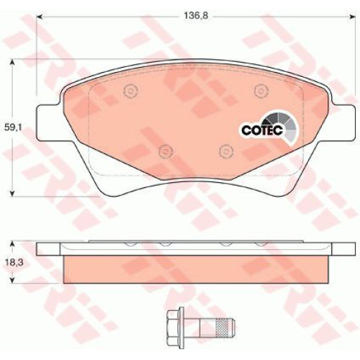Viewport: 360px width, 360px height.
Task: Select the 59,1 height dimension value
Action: click(x=13, y=127)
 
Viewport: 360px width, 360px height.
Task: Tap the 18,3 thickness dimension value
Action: click(x=14, y=262)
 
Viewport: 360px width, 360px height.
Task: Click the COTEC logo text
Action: click(x=262, y=130)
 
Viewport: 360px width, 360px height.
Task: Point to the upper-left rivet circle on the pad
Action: click(x=130, y=91)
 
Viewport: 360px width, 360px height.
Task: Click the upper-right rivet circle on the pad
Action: click(x=261, y=91)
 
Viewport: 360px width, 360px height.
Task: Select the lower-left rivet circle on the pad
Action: click(x=166, y=151)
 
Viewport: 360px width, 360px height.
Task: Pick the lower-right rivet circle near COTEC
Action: click(x=226, y=151)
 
